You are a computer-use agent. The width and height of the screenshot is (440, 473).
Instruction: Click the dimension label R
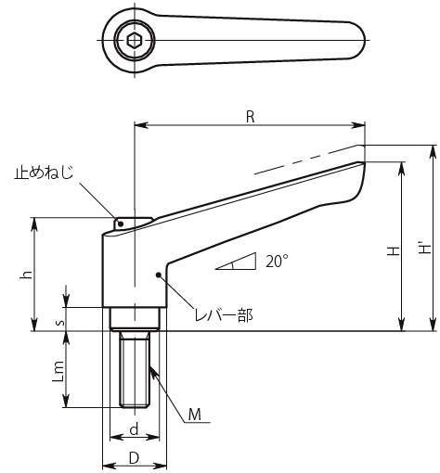(250, 117)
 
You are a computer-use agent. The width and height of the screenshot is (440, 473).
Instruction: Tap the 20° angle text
(277, 262)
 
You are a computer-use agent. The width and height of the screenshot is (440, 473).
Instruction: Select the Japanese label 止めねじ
(44, 173)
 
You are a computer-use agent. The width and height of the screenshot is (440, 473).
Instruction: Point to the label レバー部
(224, 315)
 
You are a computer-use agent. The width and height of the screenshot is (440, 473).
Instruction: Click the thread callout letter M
(195, 415)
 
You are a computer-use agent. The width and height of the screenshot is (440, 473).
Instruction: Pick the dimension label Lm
(58, 371)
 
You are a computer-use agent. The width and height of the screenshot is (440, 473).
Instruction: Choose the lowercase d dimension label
(134, 429)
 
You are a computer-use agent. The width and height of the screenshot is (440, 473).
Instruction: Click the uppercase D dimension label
(134, 459)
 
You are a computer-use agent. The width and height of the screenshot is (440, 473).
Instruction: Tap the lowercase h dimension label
(27, 275)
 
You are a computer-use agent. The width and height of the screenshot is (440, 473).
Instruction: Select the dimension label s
(61, 322)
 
